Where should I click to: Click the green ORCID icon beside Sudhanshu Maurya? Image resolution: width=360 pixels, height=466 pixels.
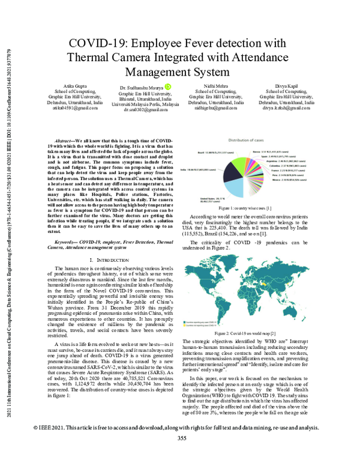tap(169, 88)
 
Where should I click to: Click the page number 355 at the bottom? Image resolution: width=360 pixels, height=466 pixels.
tap(182, 455)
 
